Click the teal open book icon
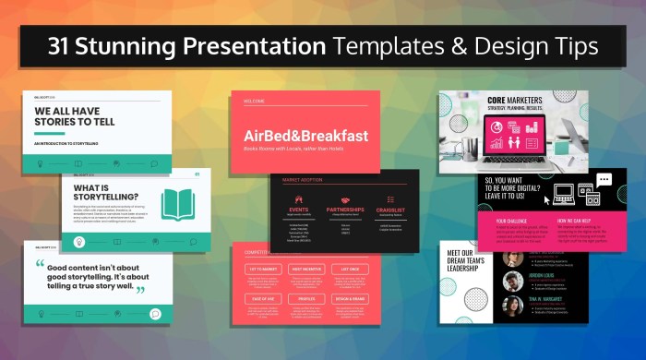[x=177, y=203]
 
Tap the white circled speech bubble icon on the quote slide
[x=155, y=313]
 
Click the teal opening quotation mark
[x=41, y=265]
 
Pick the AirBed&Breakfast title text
[x=306, y=136]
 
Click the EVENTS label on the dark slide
[x=298, y=210]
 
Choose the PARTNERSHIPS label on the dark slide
[x=345, y=210]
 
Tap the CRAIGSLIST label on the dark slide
[x=391, y=210]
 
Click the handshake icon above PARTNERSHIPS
[x=345, y=198]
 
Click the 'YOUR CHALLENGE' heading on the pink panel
[x=512, y=222]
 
